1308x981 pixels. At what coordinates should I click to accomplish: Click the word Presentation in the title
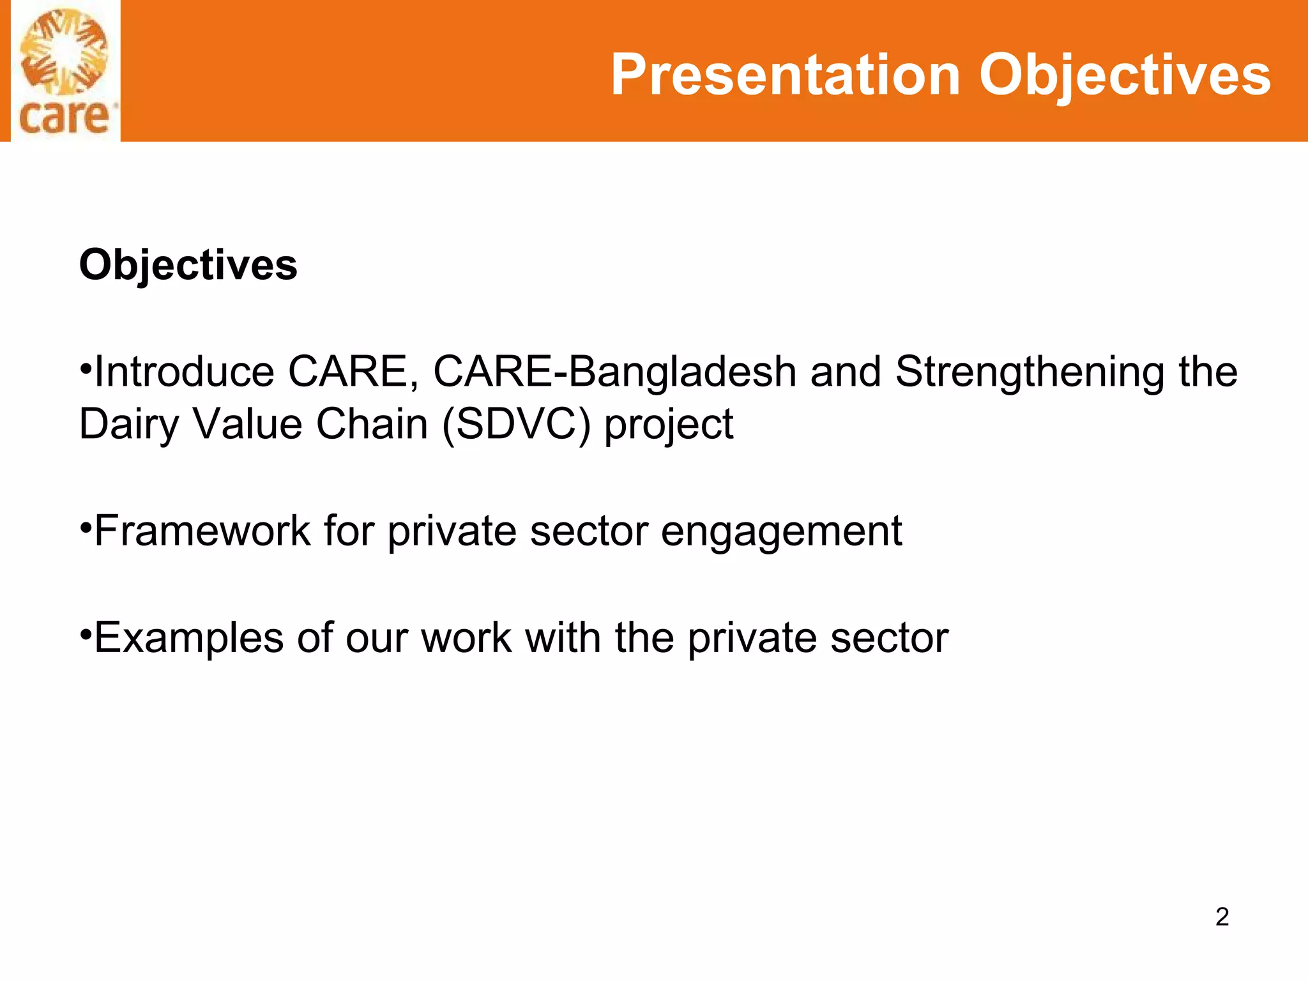pyautogui.click(x=786, y=75)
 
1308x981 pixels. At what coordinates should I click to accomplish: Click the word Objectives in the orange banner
pyautogui.click(x=1125, y=75)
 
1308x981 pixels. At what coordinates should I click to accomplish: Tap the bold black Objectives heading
pyautogui.click(x=188, y=264)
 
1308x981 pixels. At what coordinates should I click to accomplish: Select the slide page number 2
pyautogui.click(x=1222, y=916)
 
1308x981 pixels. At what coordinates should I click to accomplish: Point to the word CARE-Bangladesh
pyautogui.click(x=614, y=372)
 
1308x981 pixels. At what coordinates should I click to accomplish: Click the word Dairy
pyautogui.click(x=128, y=424)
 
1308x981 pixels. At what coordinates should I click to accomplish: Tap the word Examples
pyautogui.click(x=188, y=638)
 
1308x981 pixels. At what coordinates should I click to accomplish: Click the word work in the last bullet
pyautogui.click(x=466, y=638)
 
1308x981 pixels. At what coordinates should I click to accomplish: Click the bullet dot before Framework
pyautogui.click(x=86, y=528)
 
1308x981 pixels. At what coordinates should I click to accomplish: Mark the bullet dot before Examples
pyautogui.click(x=86, y=635)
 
